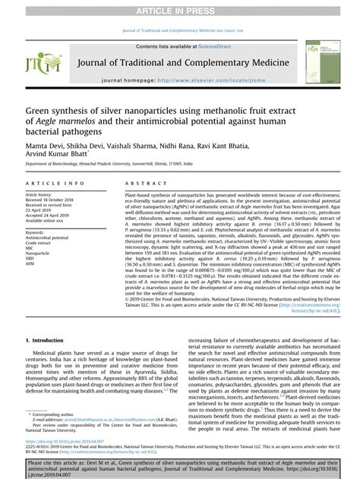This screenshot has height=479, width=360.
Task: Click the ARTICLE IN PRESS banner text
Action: click(180, 8)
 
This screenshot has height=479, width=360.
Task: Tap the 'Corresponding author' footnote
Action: click(60, 415)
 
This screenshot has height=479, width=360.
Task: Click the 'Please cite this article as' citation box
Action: click(180, 465)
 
